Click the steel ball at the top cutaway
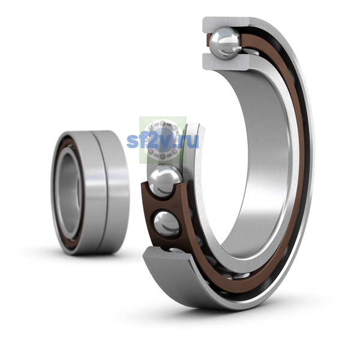click(x=226, y=43)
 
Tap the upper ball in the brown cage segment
click(x=165, y=181)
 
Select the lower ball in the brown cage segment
click(x=167, y=224)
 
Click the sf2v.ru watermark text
click(x=163, y=140)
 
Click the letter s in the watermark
click(x=132, y=142)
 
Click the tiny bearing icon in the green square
click(x=163, y=140)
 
